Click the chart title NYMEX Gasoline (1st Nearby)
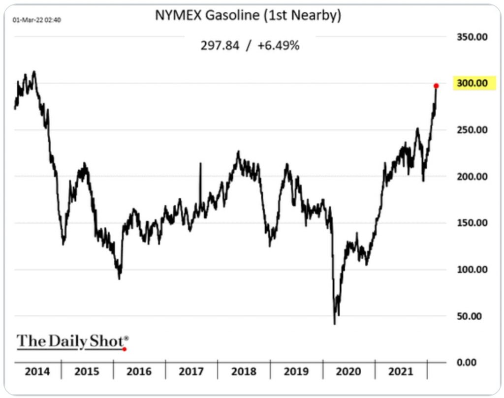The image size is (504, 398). click(248, 15)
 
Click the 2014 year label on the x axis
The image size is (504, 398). click(37, 371)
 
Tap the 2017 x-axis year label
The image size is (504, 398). click(191, 371)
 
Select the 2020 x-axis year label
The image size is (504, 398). click(348, 371)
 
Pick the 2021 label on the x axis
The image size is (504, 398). click(400, 371)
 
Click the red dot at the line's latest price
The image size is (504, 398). click(436, 86)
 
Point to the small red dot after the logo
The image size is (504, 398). click(125, 349)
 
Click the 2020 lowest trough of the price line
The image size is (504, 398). click(335, 323)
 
